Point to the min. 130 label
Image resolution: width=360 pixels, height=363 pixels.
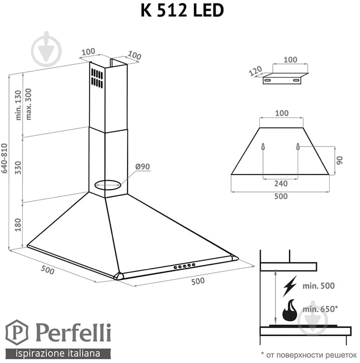click(x=19, y=105)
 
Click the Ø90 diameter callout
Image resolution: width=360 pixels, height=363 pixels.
click(x=142, y=167)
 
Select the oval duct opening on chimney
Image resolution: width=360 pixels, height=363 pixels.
click(x=108, y=184)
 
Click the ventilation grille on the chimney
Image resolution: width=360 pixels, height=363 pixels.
click(x=96, y=78)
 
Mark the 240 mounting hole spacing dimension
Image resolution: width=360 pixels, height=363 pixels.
click(x=281, y=184)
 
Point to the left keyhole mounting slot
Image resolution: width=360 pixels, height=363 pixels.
click(x=263, y=148)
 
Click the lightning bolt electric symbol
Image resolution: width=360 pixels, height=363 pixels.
click(x=289, y=285)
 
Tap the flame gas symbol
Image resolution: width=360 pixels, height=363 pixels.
click(x=289, y=312)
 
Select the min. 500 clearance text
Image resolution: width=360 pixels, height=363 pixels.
click(x=318, y=286)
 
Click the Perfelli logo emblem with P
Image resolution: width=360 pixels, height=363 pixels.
click(x=16, y=333)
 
